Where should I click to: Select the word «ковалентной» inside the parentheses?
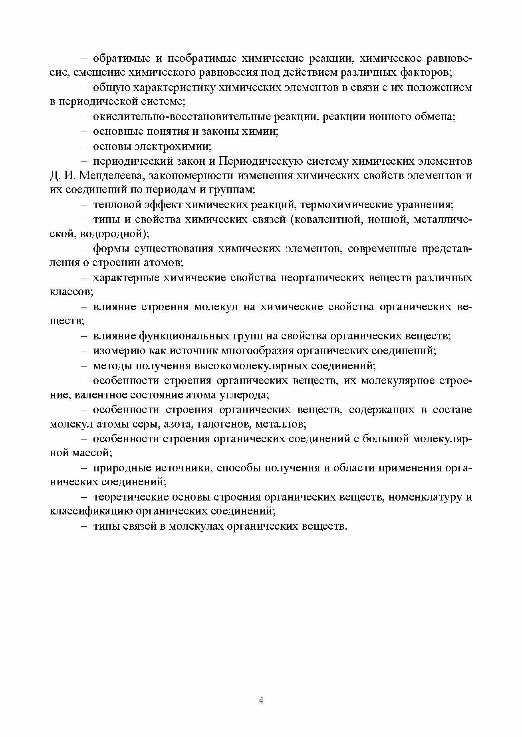(x=326, y=220)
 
